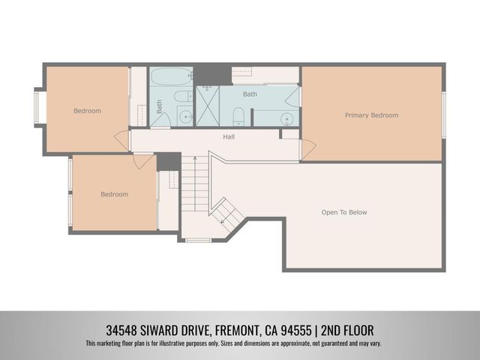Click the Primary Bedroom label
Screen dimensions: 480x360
pos(372,115)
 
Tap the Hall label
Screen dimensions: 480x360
pos(229,136)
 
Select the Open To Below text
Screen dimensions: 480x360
pos(344,212)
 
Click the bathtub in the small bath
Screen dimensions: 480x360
pos(171,76)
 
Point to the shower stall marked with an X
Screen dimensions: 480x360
pos(208,106)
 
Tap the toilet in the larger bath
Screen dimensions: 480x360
pos(238,117)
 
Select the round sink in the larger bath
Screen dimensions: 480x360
pos(286,119)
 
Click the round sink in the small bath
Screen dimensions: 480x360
pos(185,117)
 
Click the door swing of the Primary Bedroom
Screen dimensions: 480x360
pos(308,149)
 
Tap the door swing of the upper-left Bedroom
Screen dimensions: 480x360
pos(121,140)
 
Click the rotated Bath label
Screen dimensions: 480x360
pos(159,106)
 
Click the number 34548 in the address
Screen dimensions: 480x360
pos(121,331)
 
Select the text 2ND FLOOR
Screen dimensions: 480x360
pos(347,331)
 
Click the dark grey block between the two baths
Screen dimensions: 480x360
pos(213,75)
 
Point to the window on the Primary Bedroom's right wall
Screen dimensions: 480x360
pos(443,115)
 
